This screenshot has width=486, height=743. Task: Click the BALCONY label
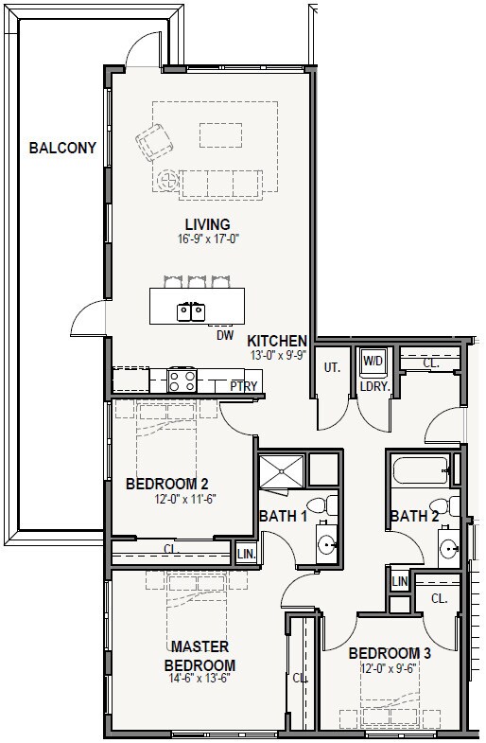pyautogui.click(x=62, y=148)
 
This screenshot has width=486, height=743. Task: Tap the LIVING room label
pyautogui.click(x=207, y=224)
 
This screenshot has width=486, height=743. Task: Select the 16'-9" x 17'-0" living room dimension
pyautogui.click(x=207, y=239)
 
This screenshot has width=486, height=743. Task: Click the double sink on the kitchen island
pyautogui.click(x=191, y=311)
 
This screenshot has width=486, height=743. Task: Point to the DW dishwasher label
pyautogui.click(x=225, y=335)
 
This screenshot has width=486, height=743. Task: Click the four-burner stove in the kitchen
pyautogui.click(x=182, y=380)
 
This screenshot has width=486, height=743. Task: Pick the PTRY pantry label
pyautogui.click(x=244, y=386)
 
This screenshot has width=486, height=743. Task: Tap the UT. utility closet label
pyautogui.click(x=332, y=367)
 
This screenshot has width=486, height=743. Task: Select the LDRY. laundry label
pyautogui.click(x=374, y=387)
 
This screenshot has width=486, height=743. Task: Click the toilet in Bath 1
pyautogui.click(x=322, y=505)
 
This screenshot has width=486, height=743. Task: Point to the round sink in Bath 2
pyautogui.click(x=448, y=549)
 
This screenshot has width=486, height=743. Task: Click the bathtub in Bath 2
pyautogui.click(x=420, y=469)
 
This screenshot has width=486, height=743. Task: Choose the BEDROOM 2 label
pyautogui.click(x=167, y=485)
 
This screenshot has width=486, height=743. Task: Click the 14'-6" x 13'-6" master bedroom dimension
pyautogui.click(x=200, y=678)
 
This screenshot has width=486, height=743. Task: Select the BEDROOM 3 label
pyautogui.click(x=390, y=654)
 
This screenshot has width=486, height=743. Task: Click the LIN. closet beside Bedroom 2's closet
pyautogui.click(x=247, y=554)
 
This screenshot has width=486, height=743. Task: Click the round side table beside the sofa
pyautogui.click(x=168, y=181)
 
